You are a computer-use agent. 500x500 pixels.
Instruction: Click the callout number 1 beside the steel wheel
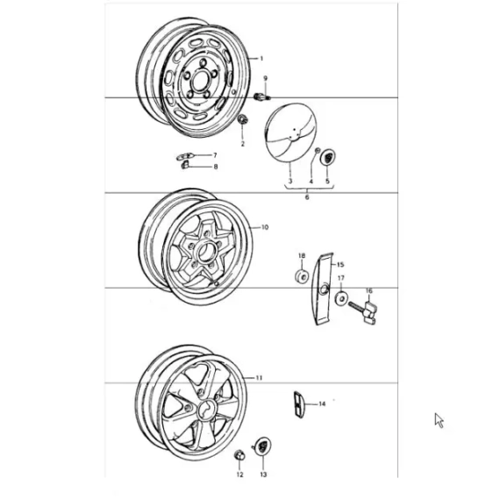[x=261, y=59]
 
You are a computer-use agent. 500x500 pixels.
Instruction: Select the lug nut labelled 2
[x=242, y=119]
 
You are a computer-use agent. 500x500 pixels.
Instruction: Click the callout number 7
[x=215, y=155]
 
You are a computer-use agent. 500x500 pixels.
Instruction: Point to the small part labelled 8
[x=184, y=165]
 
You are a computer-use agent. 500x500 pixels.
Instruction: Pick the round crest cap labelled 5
[x=328, y=157]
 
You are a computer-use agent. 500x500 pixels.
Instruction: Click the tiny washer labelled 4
[x=318, y=151]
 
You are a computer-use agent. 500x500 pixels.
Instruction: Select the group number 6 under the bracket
[x=307, y=197]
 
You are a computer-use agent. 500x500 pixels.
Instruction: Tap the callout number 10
[x=265, y=227]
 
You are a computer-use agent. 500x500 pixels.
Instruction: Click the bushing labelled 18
[x=302, y=276]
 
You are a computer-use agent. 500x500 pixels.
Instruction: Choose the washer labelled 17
[x=341, y=298]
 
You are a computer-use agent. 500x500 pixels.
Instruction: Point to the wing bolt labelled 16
[x=363, y=312]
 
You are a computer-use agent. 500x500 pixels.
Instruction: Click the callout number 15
[x=340, y=265]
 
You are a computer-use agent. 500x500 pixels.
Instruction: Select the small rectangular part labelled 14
[x=298, y=404]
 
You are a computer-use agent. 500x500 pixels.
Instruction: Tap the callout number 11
[x=259, y=378]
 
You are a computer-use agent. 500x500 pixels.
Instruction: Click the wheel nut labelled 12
[x=239, y=455]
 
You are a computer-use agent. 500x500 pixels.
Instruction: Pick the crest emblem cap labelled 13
[x=263, y=446]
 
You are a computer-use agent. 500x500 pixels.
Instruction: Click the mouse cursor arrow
[x=439, y=420]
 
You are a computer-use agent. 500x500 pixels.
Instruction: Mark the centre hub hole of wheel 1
[x=200, y=80]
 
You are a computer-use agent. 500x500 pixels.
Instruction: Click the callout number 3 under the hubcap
[x=290, y=181]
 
